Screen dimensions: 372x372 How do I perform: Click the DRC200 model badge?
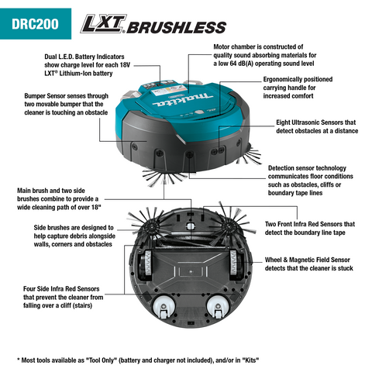click(x=36, y=24)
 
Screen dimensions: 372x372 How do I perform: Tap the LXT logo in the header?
click(x=103, y=24)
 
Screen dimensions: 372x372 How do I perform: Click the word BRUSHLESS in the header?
click(x=177, y=27)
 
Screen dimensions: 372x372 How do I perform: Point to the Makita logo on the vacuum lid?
click(x=182, y=100)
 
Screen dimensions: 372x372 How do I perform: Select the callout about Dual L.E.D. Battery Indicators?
click(x=87, y=65)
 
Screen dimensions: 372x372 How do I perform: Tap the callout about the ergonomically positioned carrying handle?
click(x=298, y=88)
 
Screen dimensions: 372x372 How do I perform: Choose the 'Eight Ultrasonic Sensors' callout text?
click(x=317, y=126)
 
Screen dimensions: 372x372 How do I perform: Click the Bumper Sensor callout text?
click(x=66, y=104)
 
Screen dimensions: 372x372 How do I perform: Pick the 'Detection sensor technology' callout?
click(x=311, y=181)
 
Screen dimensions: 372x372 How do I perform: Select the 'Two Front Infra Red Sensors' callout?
click(x=310, y=228)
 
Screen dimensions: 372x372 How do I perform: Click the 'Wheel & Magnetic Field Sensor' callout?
click(x=308, y=263)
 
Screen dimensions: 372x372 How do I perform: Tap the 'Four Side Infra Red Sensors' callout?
click(x=63, y=297)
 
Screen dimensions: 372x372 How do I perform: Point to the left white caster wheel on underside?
click(x=164, y=307)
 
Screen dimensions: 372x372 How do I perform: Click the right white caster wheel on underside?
click(x=218, y=307)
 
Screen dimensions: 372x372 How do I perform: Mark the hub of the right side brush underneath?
click(x=229, y=227)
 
